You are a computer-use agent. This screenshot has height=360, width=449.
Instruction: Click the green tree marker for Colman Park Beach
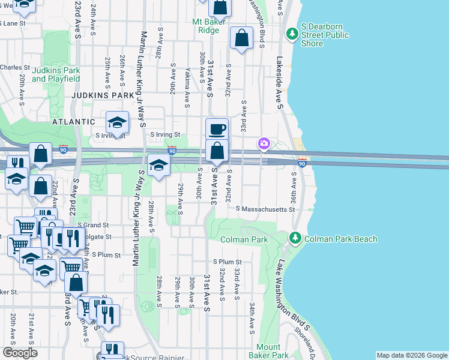tap(295, 238)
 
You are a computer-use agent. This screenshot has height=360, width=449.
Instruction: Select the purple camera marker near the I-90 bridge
tap(264, 143)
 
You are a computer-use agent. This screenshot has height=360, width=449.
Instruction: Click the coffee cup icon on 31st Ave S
tap(217, 128)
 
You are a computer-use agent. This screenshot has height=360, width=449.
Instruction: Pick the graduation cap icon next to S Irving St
tap(118, 123)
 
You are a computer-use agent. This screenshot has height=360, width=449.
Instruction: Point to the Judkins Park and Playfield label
tap(56, 74)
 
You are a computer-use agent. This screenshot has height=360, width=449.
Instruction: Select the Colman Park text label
tap(244, 239)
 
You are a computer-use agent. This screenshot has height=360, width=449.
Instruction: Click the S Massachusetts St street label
tap(266, 209)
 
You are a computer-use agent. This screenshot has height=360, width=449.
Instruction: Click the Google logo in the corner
tap(20, 353)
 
